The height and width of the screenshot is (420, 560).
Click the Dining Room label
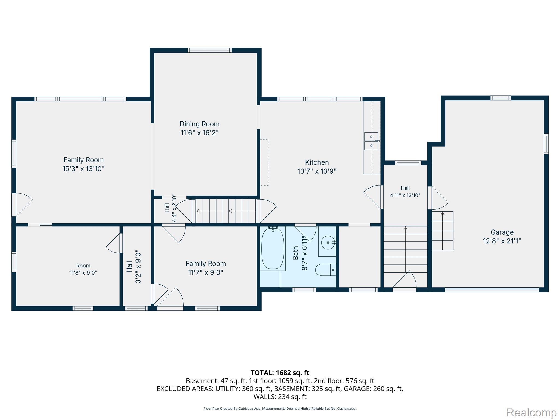[200, 124]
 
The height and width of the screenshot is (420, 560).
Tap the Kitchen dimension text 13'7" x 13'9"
[317, 171]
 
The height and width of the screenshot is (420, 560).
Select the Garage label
[502, 232]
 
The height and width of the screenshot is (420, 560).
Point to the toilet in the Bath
[325, 270]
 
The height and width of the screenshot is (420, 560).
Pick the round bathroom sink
[328, 243]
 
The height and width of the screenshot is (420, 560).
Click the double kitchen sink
[371, 141]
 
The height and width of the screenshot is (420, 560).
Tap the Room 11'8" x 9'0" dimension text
[83, 273]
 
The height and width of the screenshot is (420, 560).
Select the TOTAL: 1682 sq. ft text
[280, 373]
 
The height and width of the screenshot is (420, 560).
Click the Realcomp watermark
[531, 412]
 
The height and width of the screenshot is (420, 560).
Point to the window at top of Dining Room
[210, 50]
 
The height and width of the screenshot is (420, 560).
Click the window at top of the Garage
[500, 98]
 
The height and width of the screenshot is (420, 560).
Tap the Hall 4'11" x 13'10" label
[405, 192]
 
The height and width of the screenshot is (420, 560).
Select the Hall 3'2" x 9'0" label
[134, 266]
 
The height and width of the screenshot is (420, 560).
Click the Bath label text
[296, 253]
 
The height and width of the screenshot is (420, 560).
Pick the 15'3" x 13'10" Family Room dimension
[84, 169]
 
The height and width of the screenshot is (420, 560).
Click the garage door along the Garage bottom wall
[492, 290]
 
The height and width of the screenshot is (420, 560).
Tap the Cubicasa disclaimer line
[280, 409]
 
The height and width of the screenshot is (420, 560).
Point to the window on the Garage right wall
[546, 144]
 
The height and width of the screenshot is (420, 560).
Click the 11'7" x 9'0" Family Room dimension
[206, 273]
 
